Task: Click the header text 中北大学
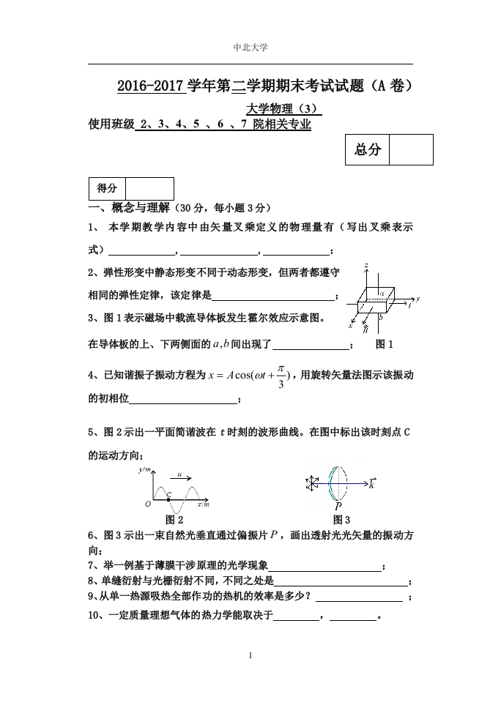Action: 250,48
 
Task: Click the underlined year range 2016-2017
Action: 149,86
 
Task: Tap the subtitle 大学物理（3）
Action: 282,109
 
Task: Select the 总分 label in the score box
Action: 367,150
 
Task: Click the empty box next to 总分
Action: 410,150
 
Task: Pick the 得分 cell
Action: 107,189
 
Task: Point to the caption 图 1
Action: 384,344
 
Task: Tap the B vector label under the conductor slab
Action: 365,330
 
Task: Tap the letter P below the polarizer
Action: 338,506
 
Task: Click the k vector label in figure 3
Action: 373,483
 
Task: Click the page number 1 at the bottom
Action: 250,655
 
